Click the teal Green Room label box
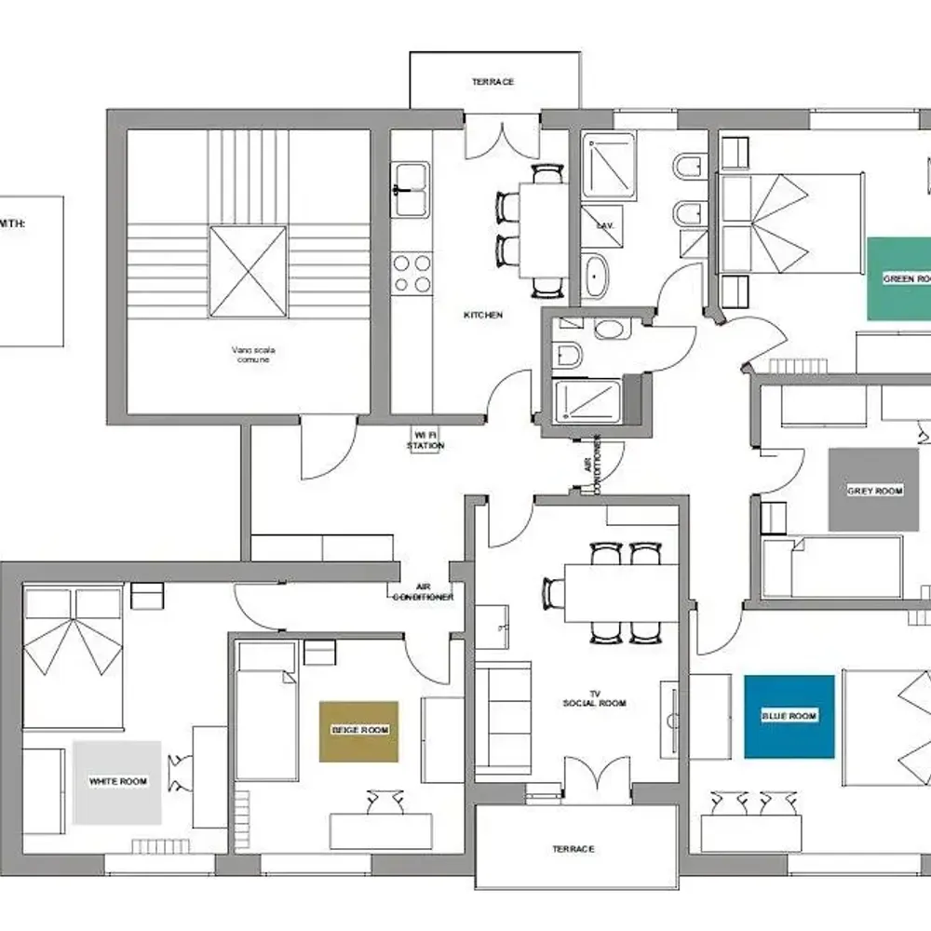coord(898,278)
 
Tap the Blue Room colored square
coord(789,716)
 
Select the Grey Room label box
coord(874,490)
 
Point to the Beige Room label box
coord(358,731)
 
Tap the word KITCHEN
coord(483,316)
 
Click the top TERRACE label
coord(492,82)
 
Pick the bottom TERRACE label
coord(573,849)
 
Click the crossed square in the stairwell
coord(248,272)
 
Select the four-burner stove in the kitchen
coord(412,274)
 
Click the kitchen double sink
coord(411,190)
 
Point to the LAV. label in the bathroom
coord(592,225)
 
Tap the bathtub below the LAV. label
coord(596,277)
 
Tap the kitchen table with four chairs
coord(543,228)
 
